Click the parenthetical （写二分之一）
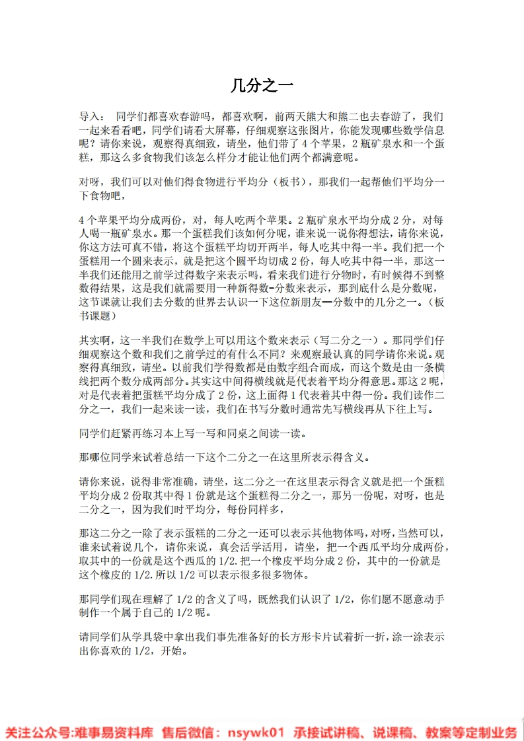[340, 339]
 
